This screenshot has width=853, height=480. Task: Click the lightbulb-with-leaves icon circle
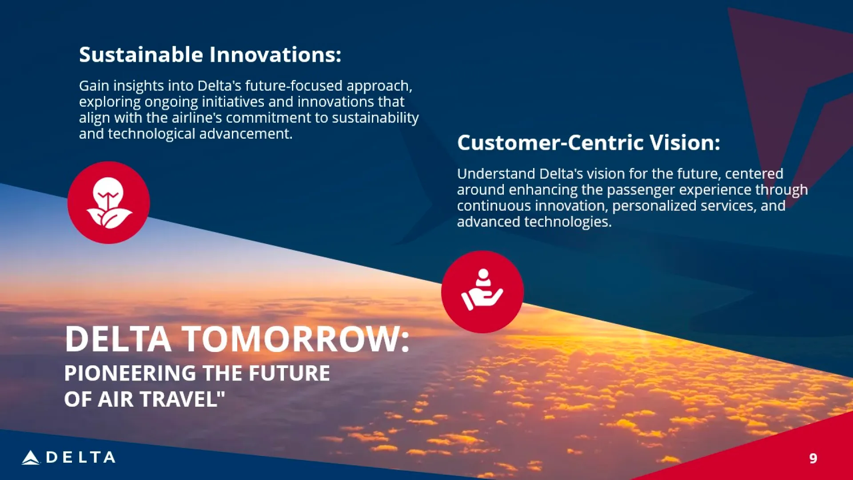point(108,203)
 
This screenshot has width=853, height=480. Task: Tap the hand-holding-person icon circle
point(482,292)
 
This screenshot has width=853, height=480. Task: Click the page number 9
point(813,458)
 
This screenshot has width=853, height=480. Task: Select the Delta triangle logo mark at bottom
point(31,457)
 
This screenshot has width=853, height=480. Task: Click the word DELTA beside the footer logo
point(81,457)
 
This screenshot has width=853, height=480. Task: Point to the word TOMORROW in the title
point(295,339)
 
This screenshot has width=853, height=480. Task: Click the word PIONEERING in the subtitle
point(130,373)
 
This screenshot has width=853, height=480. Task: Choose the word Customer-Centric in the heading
point(550,143)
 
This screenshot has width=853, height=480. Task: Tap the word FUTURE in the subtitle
point(289,373)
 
